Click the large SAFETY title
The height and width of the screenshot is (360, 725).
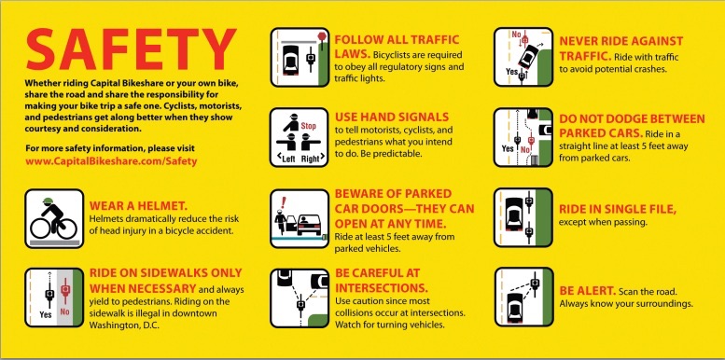[132, 49]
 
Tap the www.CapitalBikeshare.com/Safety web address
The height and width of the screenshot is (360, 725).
[111, 161]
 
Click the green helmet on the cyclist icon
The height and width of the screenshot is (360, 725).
[49, 201]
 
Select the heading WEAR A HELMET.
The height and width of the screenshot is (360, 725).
[138, 206]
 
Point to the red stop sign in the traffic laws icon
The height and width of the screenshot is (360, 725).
[322, 35]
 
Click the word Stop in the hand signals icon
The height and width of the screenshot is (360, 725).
[309, 125]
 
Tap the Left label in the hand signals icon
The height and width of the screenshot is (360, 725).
[286, 159]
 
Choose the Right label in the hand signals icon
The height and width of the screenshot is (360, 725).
[311, 159]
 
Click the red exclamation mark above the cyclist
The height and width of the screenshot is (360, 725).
[284, 202]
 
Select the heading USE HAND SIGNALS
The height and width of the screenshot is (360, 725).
[392, 117]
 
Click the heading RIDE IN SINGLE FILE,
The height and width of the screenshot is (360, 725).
[618, 209]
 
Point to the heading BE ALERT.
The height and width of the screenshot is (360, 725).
[587, 291]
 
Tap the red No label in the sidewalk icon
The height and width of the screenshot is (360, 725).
[64, 312]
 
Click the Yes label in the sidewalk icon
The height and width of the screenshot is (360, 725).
[46, 315]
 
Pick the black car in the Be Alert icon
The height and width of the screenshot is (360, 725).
[515, 306]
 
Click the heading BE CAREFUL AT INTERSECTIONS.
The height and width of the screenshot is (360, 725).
[381, 281]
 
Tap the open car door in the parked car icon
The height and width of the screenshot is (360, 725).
[291, 222]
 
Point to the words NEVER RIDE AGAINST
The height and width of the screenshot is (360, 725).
[621, 41]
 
